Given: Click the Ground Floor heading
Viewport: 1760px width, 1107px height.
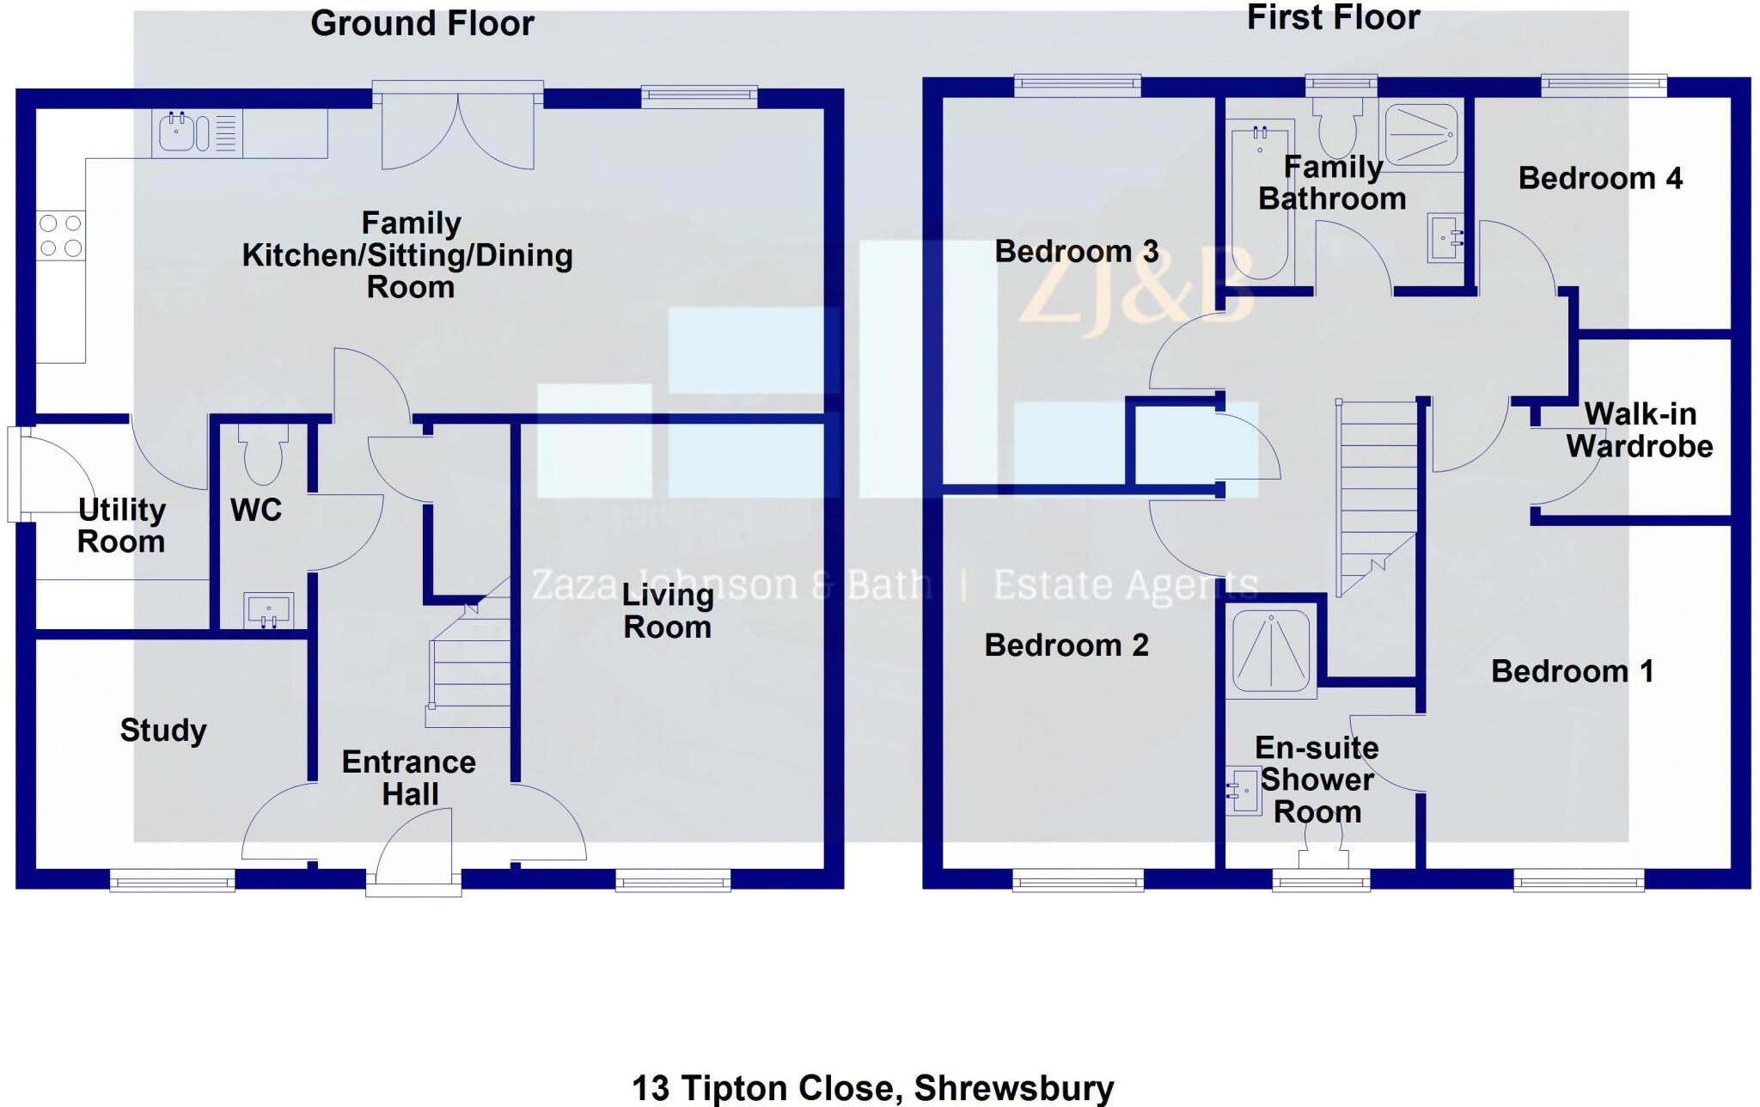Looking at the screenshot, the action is click(422, 24).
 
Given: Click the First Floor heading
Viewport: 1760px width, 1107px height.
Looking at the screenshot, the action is click(1333, 17).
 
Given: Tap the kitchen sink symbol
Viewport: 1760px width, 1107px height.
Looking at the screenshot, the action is click(197, 133).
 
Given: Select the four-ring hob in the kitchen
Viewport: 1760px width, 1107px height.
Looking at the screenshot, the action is click(61, 235).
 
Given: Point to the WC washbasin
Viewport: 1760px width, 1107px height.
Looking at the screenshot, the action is click(268, 609).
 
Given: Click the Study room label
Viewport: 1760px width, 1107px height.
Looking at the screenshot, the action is click(163, 731).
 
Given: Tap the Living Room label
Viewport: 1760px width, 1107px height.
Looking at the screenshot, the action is click(668, 611).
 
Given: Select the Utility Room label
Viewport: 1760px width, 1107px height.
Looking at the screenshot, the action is click(121, 525).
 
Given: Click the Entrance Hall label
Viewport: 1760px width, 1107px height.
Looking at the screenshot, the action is click(409, 778).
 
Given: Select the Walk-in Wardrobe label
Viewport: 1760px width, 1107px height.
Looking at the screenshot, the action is click(1640, 430).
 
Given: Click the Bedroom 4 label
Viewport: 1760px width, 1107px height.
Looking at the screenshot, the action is click(1600, 179).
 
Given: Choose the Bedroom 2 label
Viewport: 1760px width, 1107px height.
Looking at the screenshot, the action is click(1066, 645).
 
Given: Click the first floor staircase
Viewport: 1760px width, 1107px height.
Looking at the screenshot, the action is click(1377, 498).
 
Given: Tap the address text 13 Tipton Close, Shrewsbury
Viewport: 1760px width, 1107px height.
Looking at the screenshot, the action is click(873, 1088).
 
